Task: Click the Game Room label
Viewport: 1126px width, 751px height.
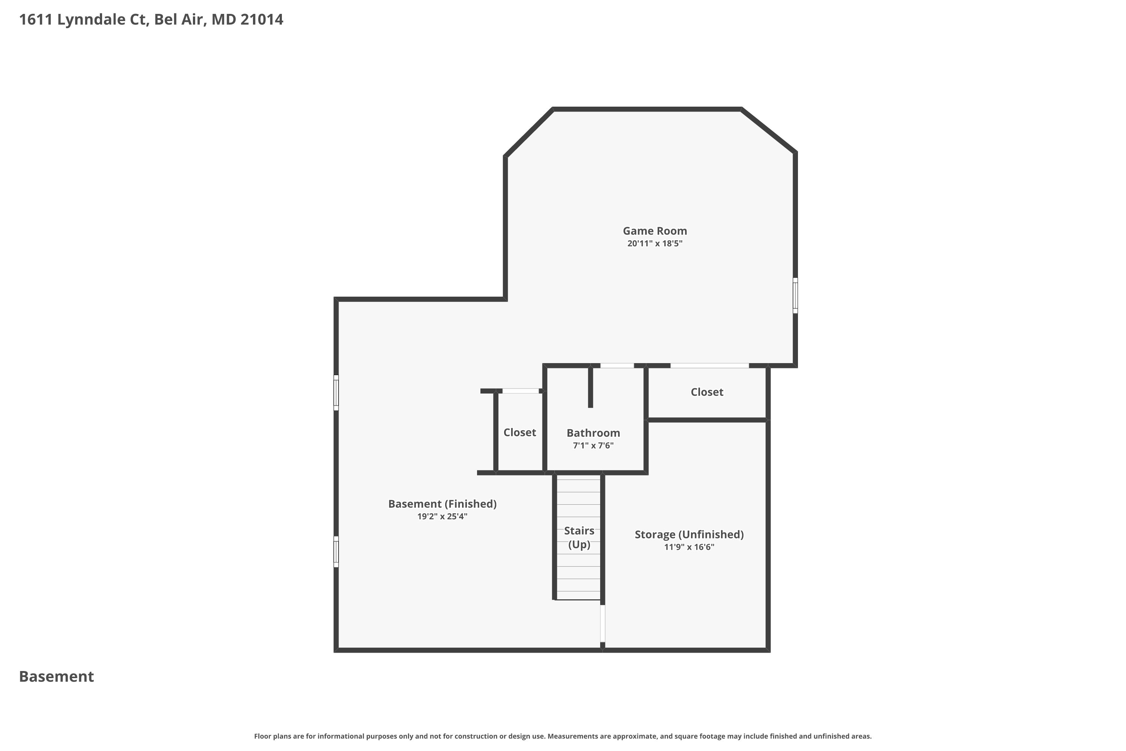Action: [x=655, y=231]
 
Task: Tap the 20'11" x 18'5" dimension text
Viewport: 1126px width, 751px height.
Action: [x=655, y=243]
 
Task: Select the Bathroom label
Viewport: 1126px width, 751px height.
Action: [x=593, y=433]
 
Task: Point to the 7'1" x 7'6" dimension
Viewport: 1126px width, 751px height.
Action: [x=593, y=445]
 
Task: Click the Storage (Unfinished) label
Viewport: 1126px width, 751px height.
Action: [x=689, y=534]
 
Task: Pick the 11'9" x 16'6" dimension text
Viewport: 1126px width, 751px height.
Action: [x=689, y=547]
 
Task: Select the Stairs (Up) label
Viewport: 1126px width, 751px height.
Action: [x=579, y=537]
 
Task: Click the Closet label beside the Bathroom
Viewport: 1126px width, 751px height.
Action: [x=519, y=433]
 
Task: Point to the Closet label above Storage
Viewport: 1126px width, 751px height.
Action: [x=707, y=392]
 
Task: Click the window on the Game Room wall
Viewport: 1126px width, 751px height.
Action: [x=795, y=296]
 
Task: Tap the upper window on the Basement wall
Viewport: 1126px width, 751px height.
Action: [x=336, y=393]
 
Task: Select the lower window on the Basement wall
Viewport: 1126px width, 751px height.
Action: [x=336, y=552]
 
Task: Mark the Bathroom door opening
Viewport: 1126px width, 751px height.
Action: [x=617, y=365]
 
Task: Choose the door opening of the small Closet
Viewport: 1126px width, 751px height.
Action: [x=520, y=391]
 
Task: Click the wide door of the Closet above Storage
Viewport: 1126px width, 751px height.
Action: [x=709, y=365]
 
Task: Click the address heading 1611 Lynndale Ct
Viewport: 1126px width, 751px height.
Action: [x=151, y=20]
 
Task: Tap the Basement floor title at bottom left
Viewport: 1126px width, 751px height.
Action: [x=57, y=676]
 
